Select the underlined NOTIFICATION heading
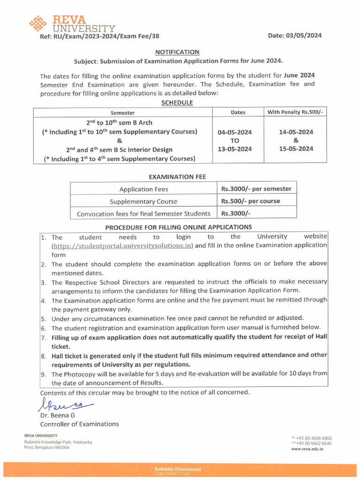[177, 52]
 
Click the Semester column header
[122, 112]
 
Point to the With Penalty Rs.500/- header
[295, 112]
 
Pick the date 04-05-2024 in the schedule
[234, 132]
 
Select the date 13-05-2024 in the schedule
[234, 149]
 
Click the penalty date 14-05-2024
[296, 132]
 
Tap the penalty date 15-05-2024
[296, 149]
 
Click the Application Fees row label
[143, 189]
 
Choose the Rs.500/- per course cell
[250, 201]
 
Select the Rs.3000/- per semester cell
[256, 189]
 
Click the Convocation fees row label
[143, 214]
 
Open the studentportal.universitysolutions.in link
[122, 246]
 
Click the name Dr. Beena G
[57, 415]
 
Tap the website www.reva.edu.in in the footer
[307, 449]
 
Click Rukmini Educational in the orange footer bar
[178, 469]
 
